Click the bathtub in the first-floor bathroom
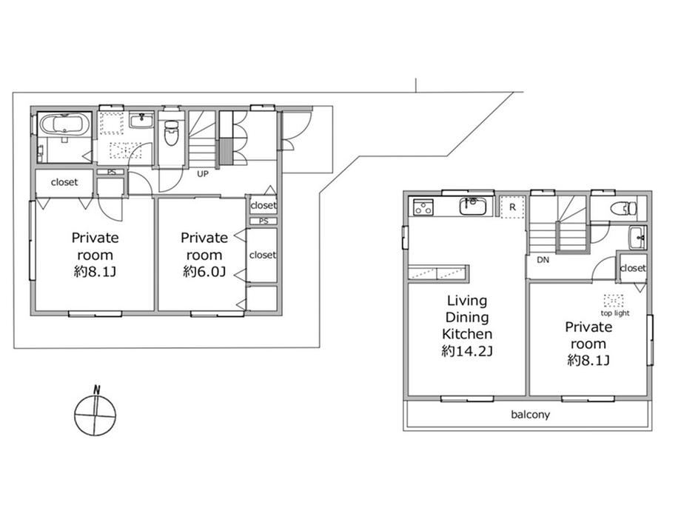point(64,124)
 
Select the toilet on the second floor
point(624,209)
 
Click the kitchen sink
point(472,206)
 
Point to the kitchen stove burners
point(422,207)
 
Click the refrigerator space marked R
point(512,207)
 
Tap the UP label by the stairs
point(203,174)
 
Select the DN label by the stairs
point(543,260)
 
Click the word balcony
point(530,415)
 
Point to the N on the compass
point(96,390)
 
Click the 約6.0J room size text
point(204,272)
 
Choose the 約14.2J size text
point(467,351)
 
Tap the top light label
point(615,313)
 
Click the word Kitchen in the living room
point(467,334)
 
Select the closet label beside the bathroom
point(64,182)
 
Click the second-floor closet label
point(633,268)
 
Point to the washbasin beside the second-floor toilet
point(637,238)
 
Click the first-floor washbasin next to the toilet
point(141,121)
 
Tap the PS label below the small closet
point(264,221)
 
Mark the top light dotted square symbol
point(613,300)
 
